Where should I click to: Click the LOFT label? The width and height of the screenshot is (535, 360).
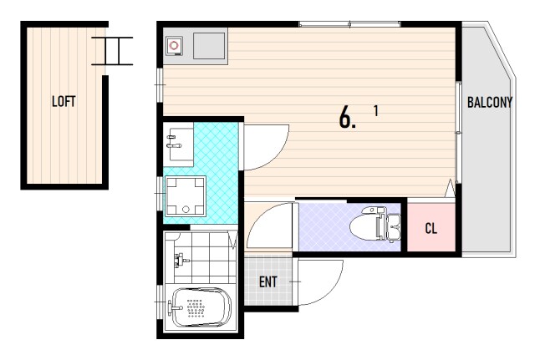click(x=64, y=101)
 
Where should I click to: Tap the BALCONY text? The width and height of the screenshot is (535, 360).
click(x=490, y=102)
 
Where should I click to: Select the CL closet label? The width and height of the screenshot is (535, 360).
click(x=431, y=228)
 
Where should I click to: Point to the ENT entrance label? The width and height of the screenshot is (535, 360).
click(x=267, y=282)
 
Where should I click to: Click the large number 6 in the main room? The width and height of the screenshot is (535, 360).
click(x=345, y=117)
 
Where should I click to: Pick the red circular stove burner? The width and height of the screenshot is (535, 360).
click(x=175, y=45)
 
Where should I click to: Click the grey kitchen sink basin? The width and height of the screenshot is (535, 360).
click(x=209, y=46)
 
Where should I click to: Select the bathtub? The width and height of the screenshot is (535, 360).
click(x=201, y=307)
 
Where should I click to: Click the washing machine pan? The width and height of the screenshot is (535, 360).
click(x=186, y=196)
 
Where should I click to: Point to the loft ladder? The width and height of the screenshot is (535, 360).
click(x=112, y=51)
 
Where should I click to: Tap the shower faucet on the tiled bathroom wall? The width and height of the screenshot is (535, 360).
click(x=181, y=261)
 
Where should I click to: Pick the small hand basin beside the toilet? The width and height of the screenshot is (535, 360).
click(x=394, y=227)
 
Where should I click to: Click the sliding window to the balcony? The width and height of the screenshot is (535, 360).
click(x=459, y=133)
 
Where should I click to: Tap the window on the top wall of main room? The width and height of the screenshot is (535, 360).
click(x=349, y=24)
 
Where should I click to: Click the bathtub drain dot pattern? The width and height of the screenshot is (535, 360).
click(x=196, y=308)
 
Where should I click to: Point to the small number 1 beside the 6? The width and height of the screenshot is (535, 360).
click(x=376, y=111)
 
